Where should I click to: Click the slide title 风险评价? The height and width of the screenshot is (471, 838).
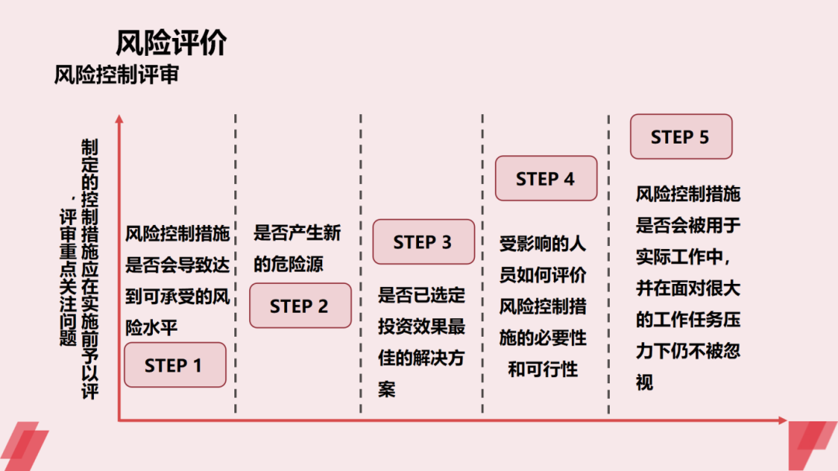(x=171, y=43)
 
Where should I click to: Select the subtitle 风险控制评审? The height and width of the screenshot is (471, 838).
(x=116, y=75)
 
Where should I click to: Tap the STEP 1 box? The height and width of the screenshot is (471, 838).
(x=175, y=365)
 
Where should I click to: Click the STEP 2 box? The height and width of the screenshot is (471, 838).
(x=300, y=306)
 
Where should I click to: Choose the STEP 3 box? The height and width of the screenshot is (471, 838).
(x=423, y=242)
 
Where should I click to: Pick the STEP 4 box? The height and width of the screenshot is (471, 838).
(x=545, y=178)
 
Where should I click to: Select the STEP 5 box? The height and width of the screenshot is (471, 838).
(x=680, y=137)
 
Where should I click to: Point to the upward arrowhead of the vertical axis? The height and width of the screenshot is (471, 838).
(x=119, y=119)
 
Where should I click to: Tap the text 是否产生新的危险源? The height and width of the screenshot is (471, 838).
(x=297, y=248)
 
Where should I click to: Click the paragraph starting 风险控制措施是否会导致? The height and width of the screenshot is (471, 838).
(x=177, y=279)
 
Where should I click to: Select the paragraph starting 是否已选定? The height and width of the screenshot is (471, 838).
(x=421, y=341)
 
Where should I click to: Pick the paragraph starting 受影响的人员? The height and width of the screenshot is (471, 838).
(x=543, y=306)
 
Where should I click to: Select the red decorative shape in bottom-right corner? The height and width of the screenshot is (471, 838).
(x=811, y=446)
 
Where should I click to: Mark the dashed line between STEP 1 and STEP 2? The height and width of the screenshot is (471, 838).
(x=236, y=264)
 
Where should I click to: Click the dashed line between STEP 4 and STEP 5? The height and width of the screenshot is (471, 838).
(x=608, y=264)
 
